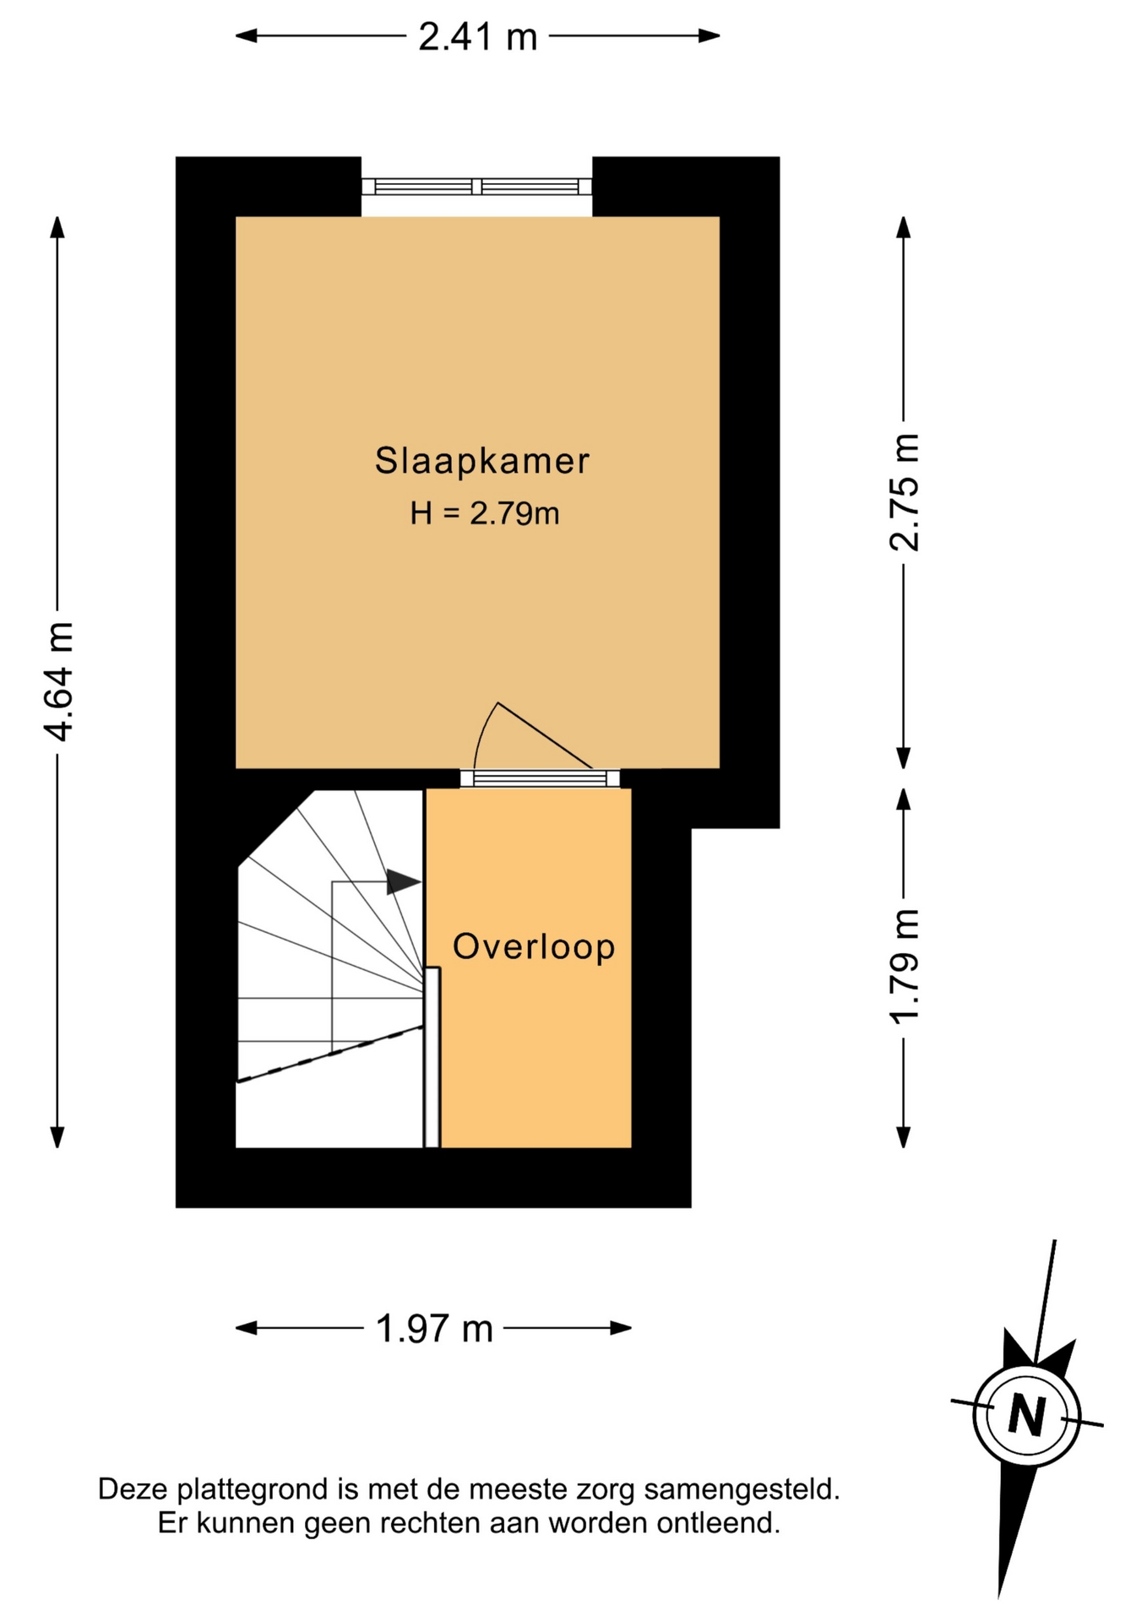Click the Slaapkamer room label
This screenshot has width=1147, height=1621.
tap(481, 461)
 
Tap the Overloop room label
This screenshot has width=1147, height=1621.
tap(534, 947)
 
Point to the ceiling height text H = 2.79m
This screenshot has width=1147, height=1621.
tap(485, 513)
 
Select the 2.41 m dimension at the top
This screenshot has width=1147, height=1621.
tap(478, 37)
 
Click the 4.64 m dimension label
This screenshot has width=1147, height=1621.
tap(59, 681)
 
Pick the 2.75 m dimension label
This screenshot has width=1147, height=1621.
tap(905, 492)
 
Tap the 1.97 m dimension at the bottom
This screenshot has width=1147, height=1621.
tap(434, 1329)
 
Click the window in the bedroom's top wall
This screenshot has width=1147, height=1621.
tap(477, 187)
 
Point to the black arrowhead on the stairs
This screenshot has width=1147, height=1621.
tap(404, 882)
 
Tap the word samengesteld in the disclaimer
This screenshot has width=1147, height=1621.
tap(742, 1488)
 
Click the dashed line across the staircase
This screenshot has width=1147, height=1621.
tap(329, 1054)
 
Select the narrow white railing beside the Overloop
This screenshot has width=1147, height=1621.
tap(432, 1057)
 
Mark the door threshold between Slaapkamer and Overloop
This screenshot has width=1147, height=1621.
tap(540, 778)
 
